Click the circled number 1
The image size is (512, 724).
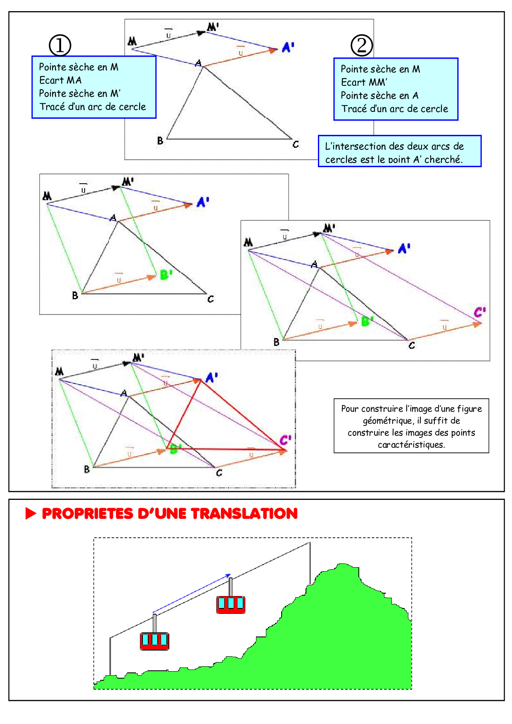point(60,45)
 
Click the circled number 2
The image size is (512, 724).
point(362,45)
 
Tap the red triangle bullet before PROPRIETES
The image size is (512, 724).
point(31,513)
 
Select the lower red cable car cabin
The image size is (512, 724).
point(154,641)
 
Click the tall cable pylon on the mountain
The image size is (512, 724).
point(310,563)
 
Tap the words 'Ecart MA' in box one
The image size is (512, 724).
point(60,80)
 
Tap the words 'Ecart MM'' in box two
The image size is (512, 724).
point(364,82)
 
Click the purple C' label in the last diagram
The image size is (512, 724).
point(285,440)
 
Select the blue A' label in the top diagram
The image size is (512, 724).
point(288,47)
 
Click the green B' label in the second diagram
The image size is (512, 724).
point(166,274)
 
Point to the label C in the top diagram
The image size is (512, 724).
point(296,144)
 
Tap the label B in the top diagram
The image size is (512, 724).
point(160,141)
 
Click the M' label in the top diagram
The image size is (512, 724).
point(213,27)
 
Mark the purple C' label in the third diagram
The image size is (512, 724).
point(480,312)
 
